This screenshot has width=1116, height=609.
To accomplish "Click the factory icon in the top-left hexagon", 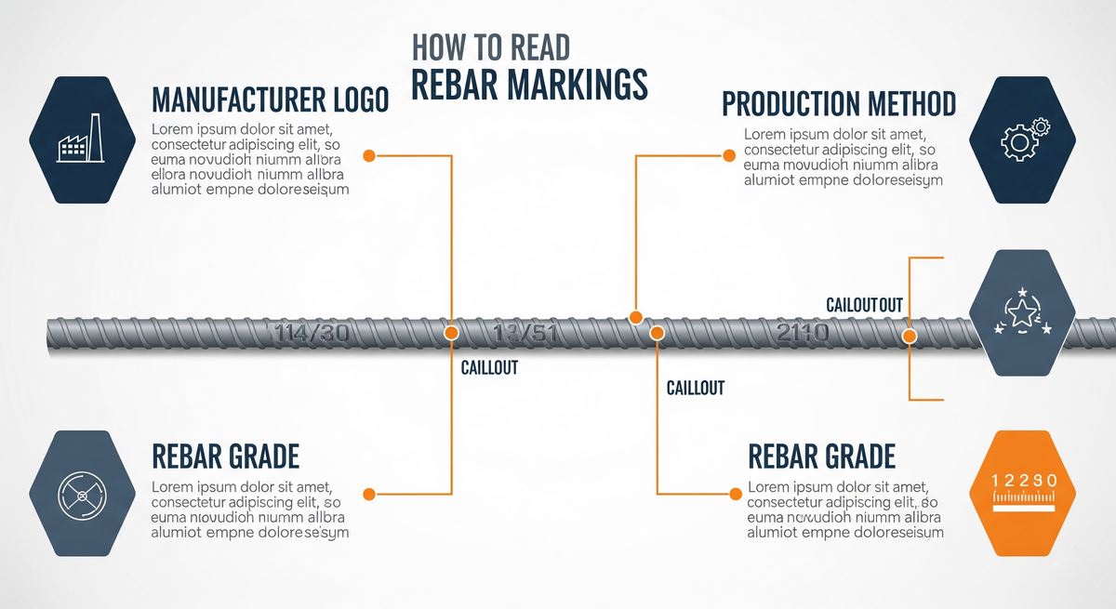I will pos(80,139).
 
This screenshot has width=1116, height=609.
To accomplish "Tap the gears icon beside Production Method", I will pos(1023,139).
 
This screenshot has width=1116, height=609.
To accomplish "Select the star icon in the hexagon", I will pos(1022,313).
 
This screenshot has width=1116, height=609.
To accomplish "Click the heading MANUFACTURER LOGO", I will pos(269,100).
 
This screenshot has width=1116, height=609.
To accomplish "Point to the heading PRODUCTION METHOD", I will pos(839,103).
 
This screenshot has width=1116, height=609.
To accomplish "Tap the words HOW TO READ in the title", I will pos(490,46).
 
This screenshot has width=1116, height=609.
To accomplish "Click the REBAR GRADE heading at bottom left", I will pos(225,457).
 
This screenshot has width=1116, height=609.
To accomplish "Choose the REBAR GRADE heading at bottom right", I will pos(821,457).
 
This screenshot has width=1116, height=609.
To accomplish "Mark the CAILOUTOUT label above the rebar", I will pos(864,305).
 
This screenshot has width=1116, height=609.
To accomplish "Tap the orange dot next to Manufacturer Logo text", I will pos(368,155).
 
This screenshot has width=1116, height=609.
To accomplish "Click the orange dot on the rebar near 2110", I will pos(910,335).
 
